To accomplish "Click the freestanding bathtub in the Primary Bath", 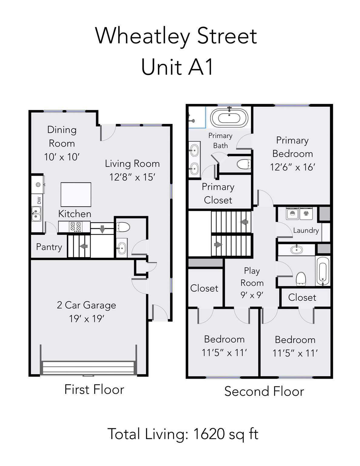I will click(x=229, y=118).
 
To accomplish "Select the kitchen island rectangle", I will click(x=76, y=194).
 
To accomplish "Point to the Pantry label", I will click(x=49, y=247).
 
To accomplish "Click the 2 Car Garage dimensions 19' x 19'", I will click(x=87, y=319).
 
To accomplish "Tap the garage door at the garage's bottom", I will click(x=88, y=367).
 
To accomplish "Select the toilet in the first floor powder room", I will click(x=123, y=227).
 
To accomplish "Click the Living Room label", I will click(x=132, y=164).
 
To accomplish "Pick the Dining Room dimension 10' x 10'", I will click(x=62, y=157).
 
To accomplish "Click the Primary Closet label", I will click(x=218, y=193).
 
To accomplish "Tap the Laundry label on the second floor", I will click(x=306, y=230).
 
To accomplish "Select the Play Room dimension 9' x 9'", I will click(x=252, y=295).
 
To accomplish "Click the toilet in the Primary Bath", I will click(x=244, y=164).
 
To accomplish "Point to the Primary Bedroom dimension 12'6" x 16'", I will click(x=292, y=167).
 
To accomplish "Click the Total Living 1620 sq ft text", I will click(x=183, y=434).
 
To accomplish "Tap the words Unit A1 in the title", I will click(x=177, y=67).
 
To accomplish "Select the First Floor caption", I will click(x=94, y=390).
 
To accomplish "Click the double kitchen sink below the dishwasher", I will click(x=36, y=213).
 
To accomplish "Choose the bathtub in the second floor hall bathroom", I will click(x=322, y=271).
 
